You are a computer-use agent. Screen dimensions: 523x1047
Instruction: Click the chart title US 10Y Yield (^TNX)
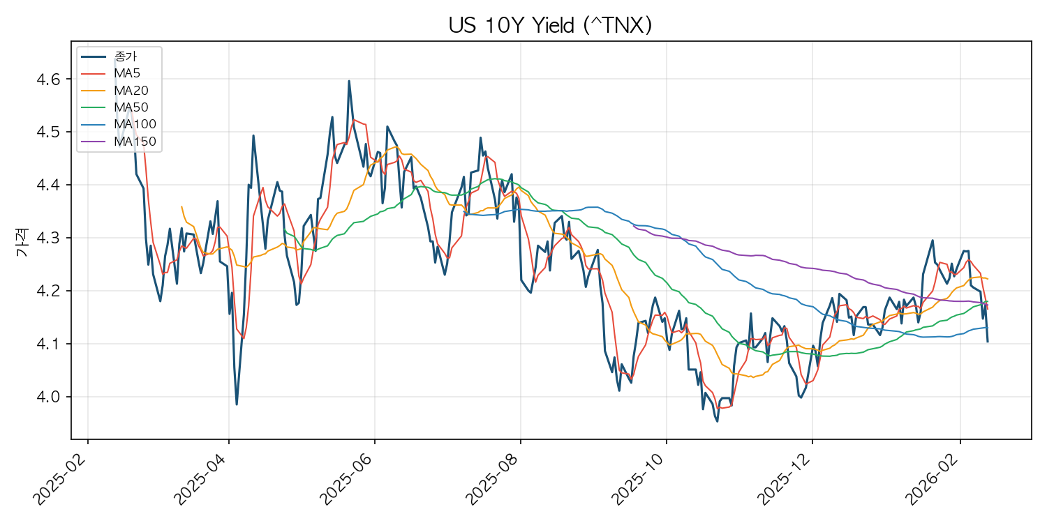[550, 25]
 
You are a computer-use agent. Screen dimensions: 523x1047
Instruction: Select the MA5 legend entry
[128, 73]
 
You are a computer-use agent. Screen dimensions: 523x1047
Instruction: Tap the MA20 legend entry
[131, 90]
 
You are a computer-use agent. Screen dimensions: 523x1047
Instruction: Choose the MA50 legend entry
[131, 107]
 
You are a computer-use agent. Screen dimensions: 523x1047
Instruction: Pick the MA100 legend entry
[134, 124]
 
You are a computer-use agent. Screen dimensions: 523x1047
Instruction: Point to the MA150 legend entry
[134, 141]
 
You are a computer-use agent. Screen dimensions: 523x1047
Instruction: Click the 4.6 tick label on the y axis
[49, 79]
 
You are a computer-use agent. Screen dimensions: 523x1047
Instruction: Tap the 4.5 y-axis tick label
[49, 132]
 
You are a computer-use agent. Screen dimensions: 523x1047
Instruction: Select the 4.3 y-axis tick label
[49, 238]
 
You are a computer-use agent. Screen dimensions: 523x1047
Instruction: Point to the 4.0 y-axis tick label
[49, 397]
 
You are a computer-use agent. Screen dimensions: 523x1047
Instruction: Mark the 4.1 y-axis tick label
[49, 344]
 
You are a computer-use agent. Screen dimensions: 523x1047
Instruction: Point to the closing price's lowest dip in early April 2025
[237, 404]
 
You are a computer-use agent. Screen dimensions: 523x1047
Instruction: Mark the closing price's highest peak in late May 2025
[349, 81]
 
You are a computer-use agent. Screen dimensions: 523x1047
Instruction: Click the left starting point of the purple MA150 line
[634, 226]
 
